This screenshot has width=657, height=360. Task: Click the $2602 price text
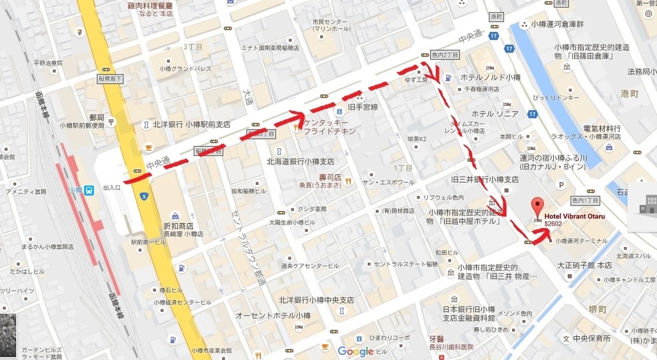pos(553,224)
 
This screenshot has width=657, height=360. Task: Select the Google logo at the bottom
pos(355,351)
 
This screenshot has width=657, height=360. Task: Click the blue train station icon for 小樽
pos(89,190)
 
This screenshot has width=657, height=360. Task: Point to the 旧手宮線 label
pos(363,107)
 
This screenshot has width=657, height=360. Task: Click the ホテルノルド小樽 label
pos(491,77)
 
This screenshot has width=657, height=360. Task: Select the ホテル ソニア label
pos(495,114)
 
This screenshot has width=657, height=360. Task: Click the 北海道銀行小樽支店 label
pos(300,162)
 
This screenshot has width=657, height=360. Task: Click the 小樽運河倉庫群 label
pos(557,24)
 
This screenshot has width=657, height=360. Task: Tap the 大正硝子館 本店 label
pos(584,265)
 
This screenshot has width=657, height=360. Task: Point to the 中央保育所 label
pos(592,338)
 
